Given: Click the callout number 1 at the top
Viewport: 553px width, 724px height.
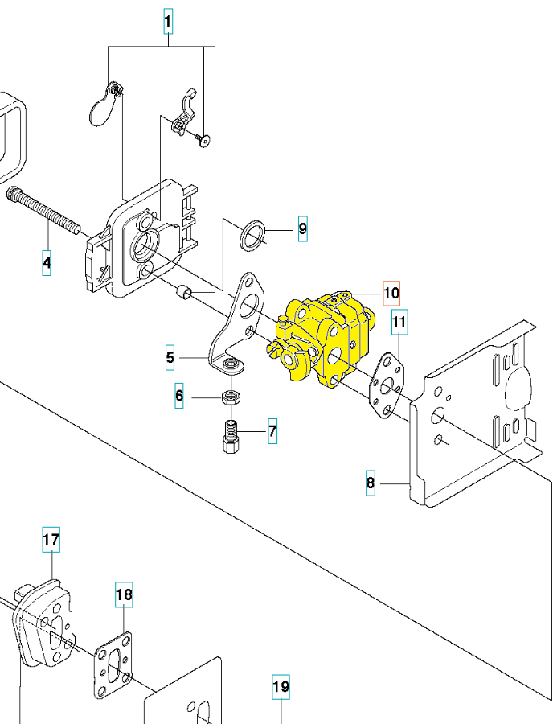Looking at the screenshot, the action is tap(168, 21).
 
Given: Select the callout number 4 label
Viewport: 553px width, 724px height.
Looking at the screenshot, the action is tap(47, 263).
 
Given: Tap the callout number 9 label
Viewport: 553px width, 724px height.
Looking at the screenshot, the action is tap(302, 228).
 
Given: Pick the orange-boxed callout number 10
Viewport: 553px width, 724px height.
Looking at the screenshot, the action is tap(391, 293).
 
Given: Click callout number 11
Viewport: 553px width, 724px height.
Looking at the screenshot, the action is tap(399, 322).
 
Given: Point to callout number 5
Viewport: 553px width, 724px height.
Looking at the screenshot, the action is tap(170, 357).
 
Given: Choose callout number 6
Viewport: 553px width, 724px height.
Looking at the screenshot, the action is tap(179, 396).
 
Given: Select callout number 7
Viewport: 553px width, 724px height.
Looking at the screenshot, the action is tap(272, 431).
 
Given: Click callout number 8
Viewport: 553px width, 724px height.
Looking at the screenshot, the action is tap(371, 483).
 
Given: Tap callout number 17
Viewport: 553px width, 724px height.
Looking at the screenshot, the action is tap(51, 539).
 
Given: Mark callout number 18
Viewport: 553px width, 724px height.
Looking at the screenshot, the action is tap(124, 594).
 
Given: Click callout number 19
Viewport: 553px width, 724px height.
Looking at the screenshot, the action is tap(281, 687).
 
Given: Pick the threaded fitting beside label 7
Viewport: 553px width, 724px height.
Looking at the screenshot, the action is tap(231, 437).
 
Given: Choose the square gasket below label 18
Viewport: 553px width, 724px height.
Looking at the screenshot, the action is tap(113, 665).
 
